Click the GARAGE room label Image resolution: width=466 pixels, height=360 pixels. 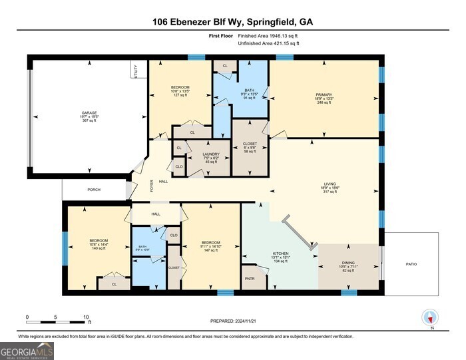pyautogui.click(x=89, y=113)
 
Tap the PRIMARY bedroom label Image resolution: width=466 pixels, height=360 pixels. pyautogui.click(x=324, y=95)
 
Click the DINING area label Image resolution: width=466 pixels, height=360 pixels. pyautogui.click(x=348, y=262)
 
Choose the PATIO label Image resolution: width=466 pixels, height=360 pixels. pyautogui.click(x=411, y=264)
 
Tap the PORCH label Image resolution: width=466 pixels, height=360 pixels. pyautogui.click(x=94, y=190)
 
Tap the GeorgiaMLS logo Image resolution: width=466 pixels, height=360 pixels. pyautogui.click(x=27, y=350)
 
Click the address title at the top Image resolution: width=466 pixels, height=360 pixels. pyautogui.click(x=233, y=21)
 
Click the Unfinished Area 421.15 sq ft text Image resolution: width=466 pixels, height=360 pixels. pyautogui.click(x=268, y=43)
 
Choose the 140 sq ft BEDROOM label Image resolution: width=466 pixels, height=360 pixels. pyautogui.click(x=99, y=244)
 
